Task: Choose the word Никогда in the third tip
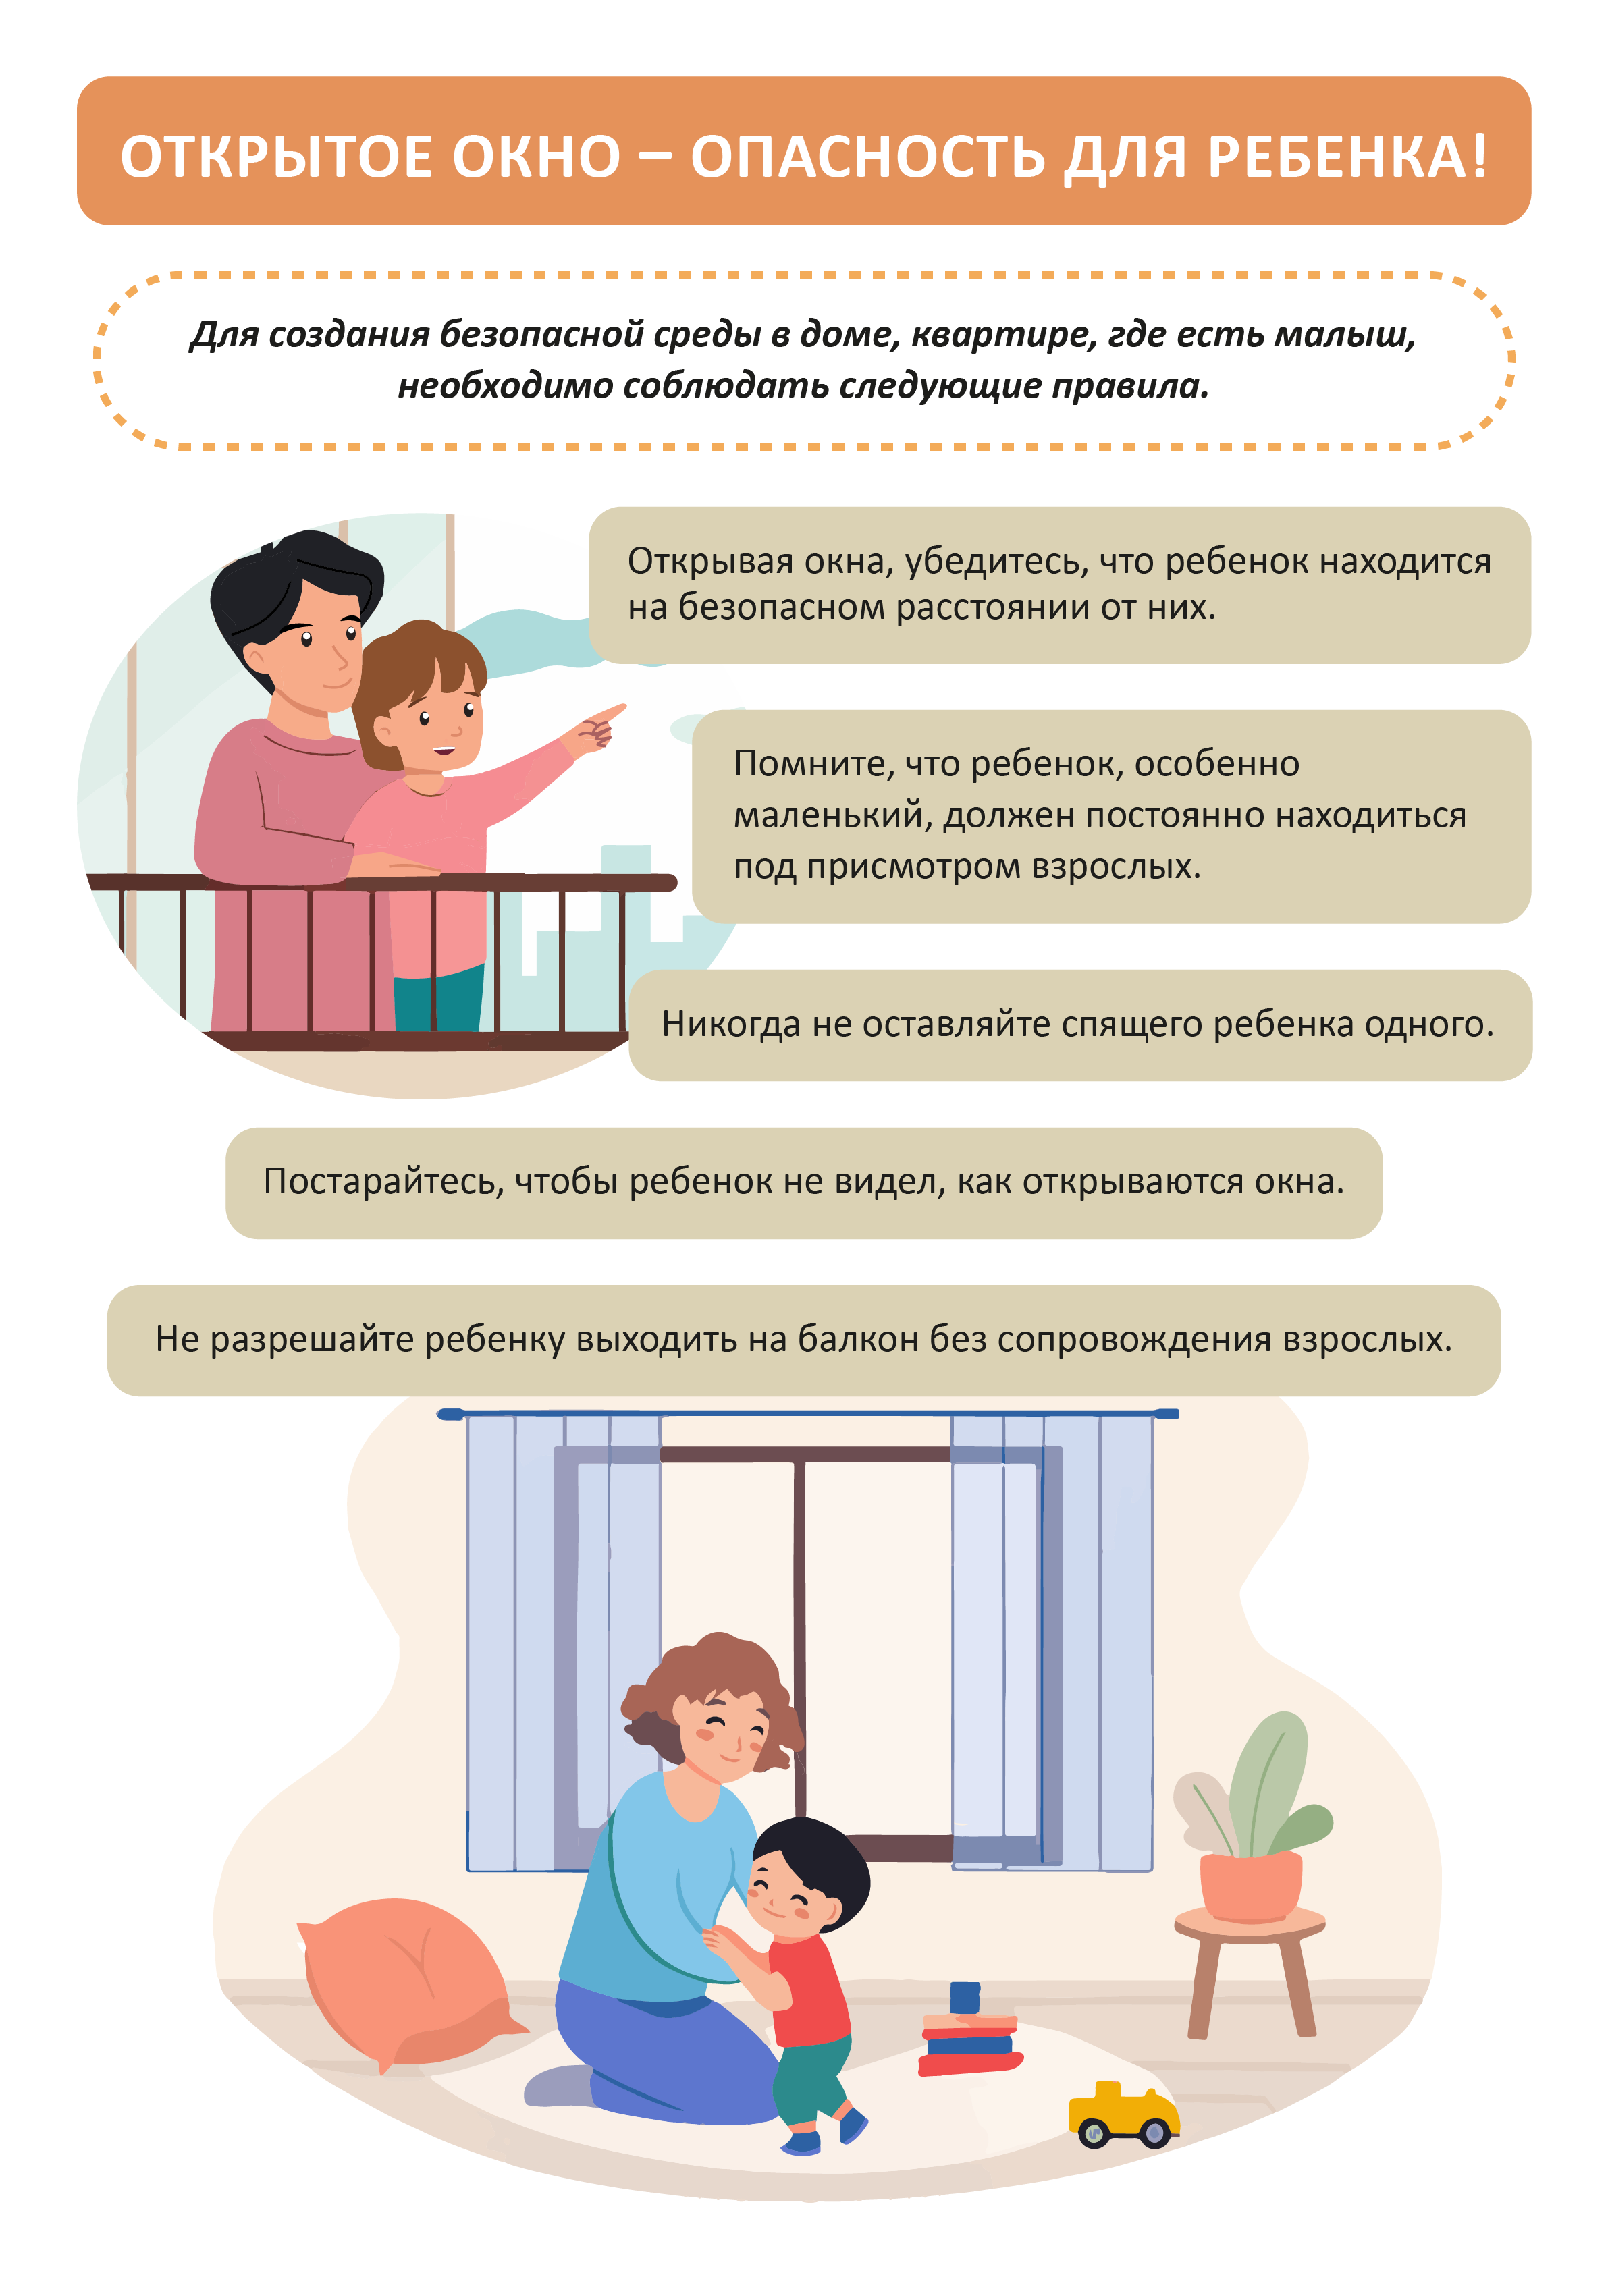730,1024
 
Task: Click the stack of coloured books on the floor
968,2031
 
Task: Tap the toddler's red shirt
807,1990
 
